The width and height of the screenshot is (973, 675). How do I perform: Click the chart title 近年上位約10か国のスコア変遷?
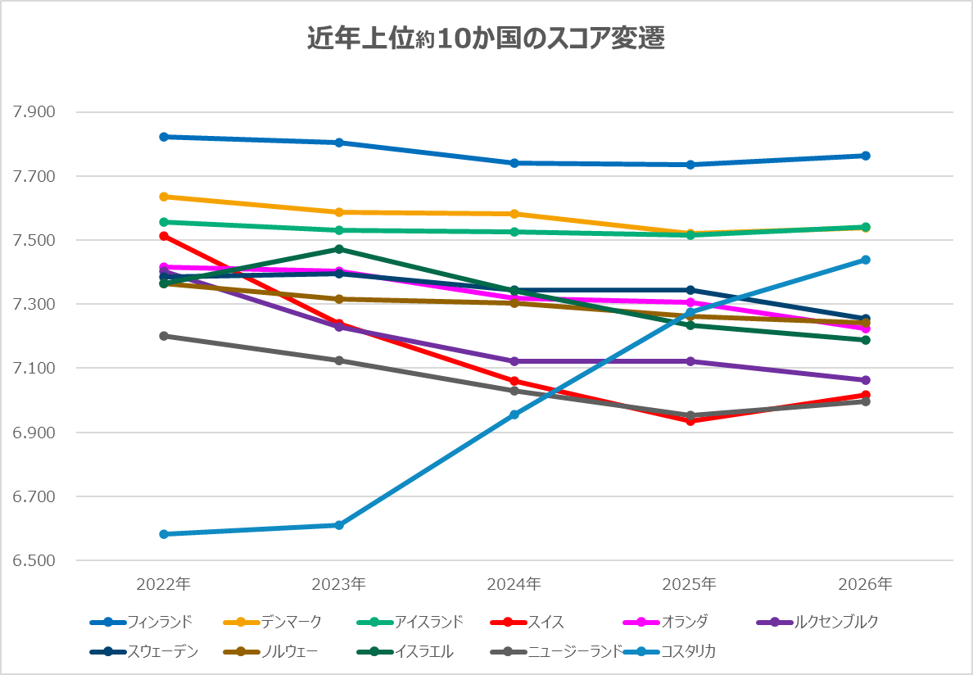486,39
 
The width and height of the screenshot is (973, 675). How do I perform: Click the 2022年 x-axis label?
164,584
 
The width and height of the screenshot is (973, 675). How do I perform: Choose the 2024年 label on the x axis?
514,584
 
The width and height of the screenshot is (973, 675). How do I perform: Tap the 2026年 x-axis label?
865,584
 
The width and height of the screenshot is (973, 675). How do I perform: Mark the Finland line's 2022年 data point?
164,137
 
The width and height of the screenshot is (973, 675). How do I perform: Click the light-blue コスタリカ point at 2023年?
339,525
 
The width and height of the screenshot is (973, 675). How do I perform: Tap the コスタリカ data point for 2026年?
865,260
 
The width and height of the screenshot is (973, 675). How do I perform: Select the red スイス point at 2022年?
164,236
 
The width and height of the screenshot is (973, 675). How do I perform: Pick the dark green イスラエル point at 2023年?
339,249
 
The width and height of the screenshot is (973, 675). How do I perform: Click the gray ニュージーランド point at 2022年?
164,336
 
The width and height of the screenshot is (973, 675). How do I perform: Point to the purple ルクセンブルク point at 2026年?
865,380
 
